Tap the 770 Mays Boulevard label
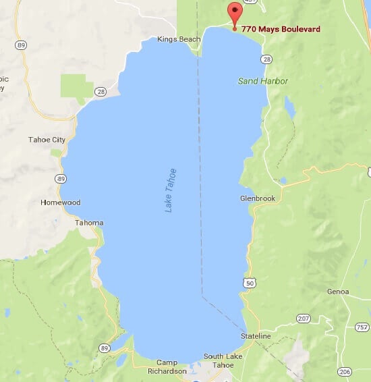coord(281,29)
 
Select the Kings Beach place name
coord(179,39)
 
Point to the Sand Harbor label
coord(263,81)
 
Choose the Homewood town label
coord(60,202)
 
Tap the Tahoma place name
coord(89,223)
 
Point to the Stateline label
coord(256,335)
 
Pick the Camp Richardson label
coord(167,366)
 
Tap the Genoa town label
coord(338,292)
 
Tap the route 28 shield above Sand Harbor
coord(267,59)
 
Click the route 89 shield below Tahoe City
coord(60,178)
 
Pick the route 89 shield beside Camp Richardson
coord(105,347)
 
